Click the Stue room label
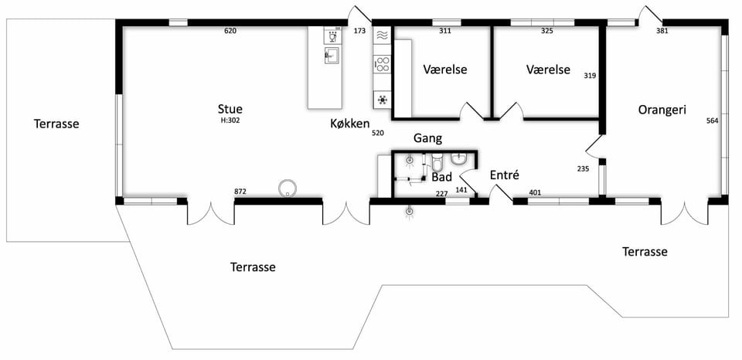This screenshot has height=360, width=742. tap(230, 109)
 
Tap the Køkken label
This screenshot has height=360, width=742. tap(349, 124)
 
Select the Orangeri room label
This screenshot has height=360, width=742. tap(662, 110)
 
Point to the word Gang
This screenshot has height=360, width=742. tap(427, 138)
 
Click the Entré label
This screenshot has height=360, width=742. tap(505, 175)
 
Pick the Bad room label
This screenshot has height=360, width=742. tap(441, 178)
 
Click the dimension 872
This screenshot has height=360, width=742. tap(241, 192)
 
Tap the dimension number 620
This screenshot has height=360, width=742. tap(230, 31)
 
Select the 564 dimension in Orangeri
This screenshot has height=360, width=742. tap(712, 121)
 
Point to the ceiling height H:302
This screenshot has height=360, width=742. tap(230, 121)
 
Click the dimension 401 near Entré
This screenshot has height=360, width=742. tap(535, 192)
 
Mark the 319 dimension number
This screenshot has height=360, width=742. tap(590, 76)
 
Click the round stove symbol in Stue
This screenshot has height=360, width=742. tap(287, 188)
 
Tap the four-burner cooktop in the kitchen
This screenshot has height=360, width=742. tap(382, 64)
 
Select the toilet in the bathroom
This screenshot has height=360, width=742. tap(436, 161)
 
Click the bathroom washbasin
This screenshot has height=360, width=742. tap(459, 159)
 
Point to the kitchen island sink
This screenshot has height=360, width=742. tap(332, 55)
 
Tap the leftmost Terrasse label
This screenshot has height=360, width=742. tap(56, 124)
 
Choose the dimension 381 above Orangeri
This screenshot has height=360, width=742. tap(662, 31)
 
